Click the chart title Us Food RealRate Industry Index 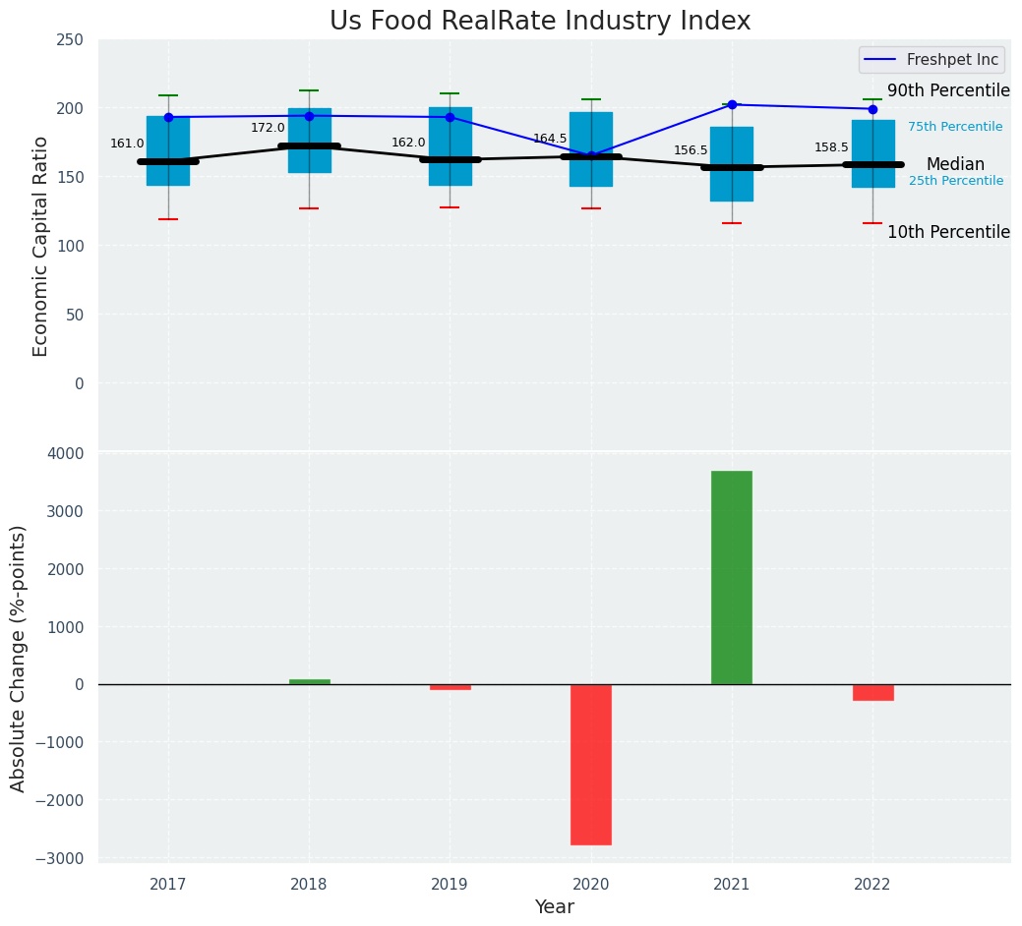540,22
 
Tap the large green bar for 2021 732,577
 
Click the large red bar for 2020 591,764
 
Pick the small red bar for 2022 872,692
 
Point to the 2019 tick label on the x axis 450,885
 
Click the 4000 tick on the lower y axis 65,453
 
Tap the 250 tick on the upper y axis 71,40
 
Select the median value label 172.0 268,128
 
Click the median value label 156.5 691,150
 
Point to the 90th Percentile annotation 948,90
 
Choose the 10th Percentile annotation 948,232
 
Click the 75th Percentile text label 955,127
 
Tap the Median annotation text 955,164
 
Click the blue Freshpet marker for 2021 732,104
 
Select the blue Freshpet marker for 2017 168,117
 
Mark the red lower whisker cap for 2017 168,219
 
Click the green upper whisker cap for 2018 309,90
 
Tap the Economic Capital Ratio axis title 41,246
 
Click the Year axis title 555,907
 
